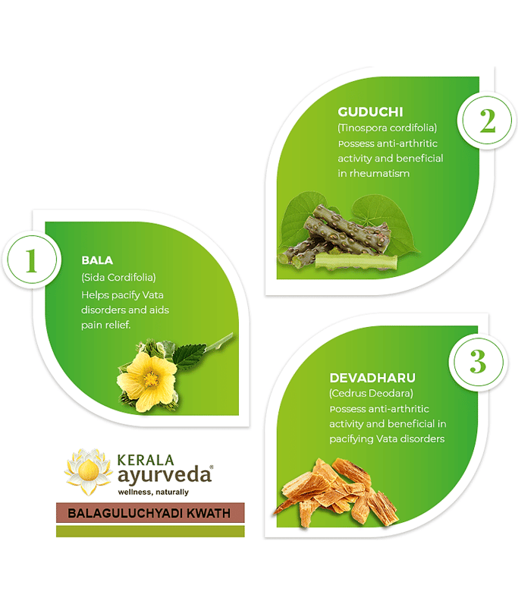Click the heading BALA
click(97, 260)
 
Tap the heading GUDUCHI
click(370, 112)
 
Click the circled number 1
click(32, 259)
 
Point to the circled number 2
click(487, 121)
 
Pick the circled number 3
click(478, 362)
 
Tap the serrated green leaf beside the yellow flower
click(190, 356)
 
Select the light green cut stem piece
click(356, 261)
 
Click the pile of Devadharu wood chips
click(336, 492)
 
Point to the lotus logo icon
click(89, 471)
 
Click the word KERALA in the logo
click(146, 460)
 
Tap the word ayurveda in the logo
click(165, 476)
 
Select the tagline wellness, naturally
click(153, 492)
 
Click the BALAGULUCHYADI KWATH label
click(150, 513)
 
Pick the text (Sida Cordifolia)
click(118, 277)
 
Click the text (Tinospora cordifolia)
click(388, 127)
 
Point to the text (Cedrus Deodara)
click(372, 393)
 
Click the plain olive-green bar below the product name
click(150, 531)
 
